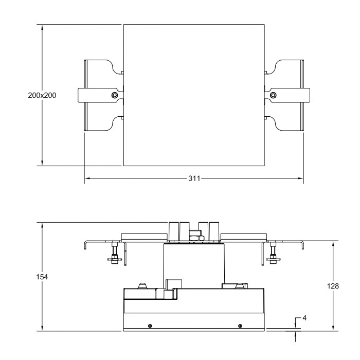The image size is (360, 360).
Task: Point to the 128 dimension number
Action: pyautogui.click(x=333, y=286)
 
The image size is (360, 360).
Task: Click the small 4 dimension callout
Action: pyautogui.click(x=304, y=318)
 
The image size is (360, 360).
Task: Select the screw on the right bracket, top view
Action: pyautogui.click(x=273, y=95)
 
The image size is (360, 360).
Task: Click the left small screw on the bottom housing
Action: pyautogui.click(x=150, y=326)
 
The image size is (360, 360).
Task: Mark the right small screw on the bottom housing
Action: pyautogui.click(x=240, y=326)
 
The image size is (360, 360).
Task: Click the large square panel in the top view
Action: pyautogui.click(x=193, y=95)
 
